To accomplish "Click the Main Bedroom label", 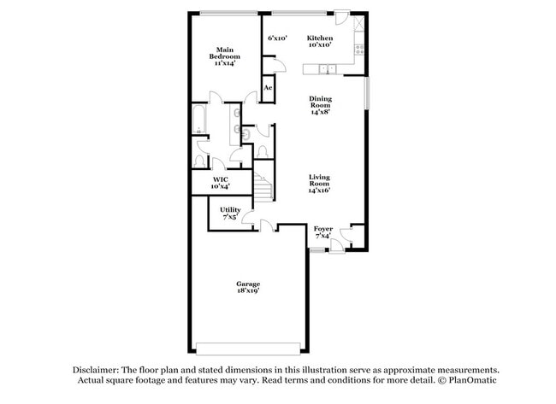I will (x=225, y=56).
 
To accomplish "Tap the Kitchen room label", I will (x=320, y=38).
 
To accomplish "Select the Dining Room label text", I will (x=320, y=104).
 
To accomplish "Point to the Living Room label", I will (x=319, y=183).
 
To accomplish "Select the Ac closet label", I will (x=268, y=88).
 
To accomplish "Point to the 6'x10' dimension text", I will (x=277, y=38).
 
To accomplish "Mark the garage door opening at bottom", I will (x=248, y=347).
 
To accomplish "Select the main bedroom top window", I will (x=227, y=13).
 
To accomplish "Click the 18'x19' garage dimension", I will (x=248, y=291).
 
